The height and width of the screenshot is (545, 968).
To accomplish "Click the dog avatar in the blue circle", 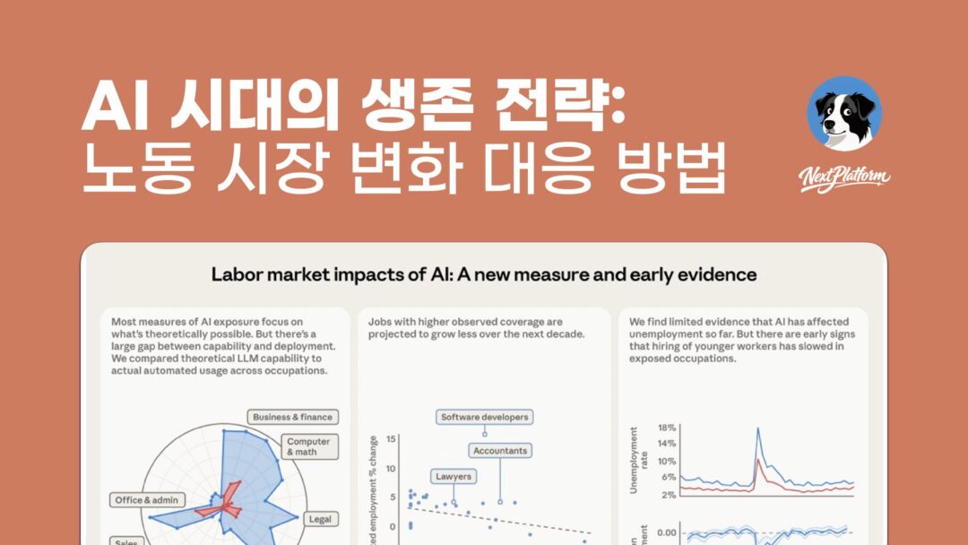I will [843, 114].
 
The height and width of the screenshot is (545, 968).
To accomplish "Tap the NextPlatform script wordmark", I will [844, 177].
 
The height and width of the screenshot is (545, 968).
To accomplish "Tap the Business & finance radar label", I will [292, 417].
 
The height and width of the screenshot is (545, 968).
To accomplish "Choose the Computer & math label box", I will [309, 446].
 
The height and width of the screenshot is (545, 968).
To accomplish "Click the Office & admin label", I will [147, 499].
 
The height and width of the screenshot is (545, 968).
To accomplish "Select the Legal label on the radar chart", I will [320, 519].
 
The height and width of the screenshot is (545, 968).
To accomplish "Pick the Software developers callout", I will [485, 417].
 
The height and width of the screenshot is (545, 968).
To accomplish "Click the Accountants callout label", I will [500, 450].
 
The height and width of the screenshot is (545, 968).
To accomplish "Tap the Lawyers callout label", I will [453, 476].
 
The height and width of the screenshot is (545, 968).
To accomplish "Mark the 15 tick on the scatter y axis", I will [391, 439].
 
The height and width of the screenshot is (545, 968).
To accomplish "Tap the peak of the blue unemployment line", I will [757, 429].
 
